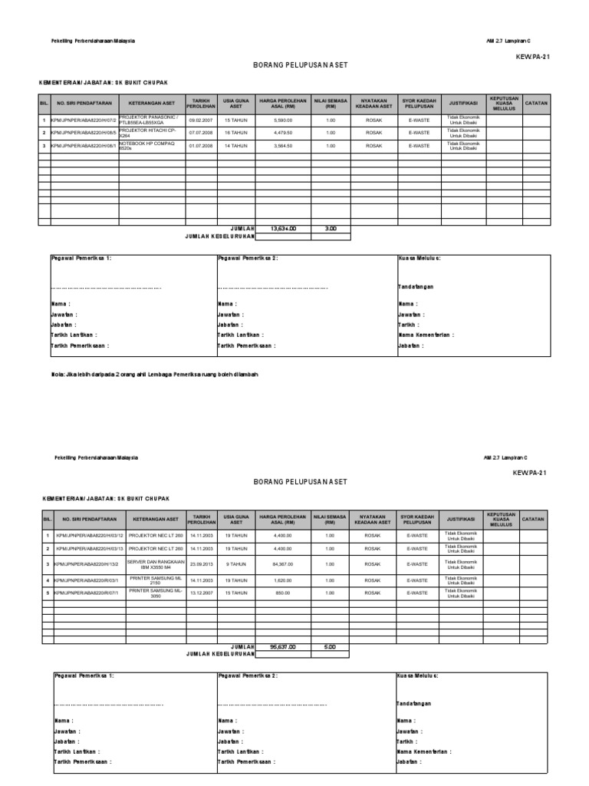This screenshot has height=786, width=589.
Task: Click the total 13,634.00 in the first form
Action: tap(284, 228)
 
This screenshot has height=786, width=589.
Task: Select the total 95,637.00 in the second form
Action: tap(284, 646)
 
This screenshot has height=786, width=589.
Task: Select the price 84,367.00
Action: tap(283, 563)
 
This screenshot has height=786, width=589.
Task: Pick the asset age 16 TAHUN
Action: tap(236, 133)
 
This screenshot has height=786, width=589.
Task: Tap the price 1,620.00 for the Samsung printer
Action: tap(283, 580)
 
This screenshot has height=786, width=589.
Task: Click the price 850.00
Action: tap(283, 593)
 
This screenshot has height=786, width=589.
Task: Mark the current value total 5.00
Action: tap(330, 646)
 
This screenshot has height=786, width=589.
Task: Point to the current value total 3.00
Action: tap(331, 228)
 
